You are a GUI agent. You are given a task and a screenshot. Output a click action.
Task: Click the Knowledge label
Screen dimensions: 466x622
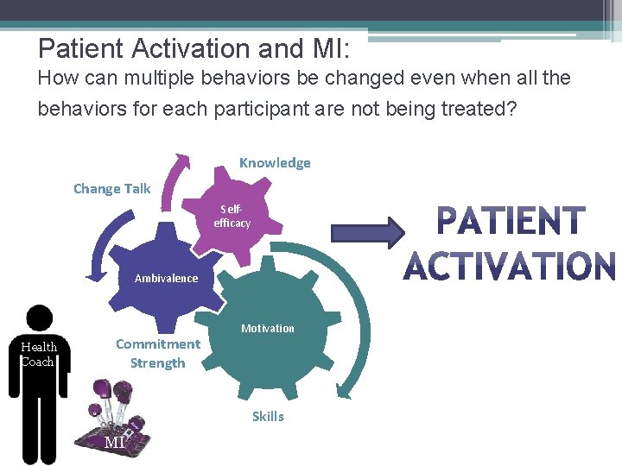275,163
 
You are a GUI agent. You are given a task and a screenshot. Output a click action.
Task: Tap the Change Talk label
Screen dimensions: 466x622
111,189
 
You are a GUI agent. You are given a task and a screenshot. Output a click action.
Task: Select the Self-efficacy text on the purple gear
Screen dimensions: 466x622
232,217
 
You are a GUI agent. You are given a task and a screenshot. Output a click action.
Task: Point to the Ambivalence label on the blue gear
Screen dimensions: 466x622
166,278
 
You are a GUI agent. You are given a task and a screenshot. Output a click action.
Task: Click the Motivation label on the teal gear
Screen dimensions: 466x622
267,328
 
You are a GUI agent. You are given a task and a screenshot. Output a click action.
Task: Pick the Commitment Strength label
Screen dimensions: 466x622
157,354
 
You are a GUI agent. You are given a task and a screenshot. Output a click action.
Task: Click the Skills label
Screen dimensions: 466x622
268,416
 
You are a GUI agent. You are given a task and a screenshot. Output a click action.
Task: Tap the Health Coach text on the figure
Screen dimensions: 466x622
38,354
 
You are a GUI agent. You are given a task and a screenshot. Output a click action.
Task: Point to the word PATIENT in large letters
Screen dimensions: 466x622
511,221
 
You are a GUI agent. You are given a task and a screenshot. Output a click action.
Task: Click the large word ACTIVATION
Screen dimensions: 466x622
510,267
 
